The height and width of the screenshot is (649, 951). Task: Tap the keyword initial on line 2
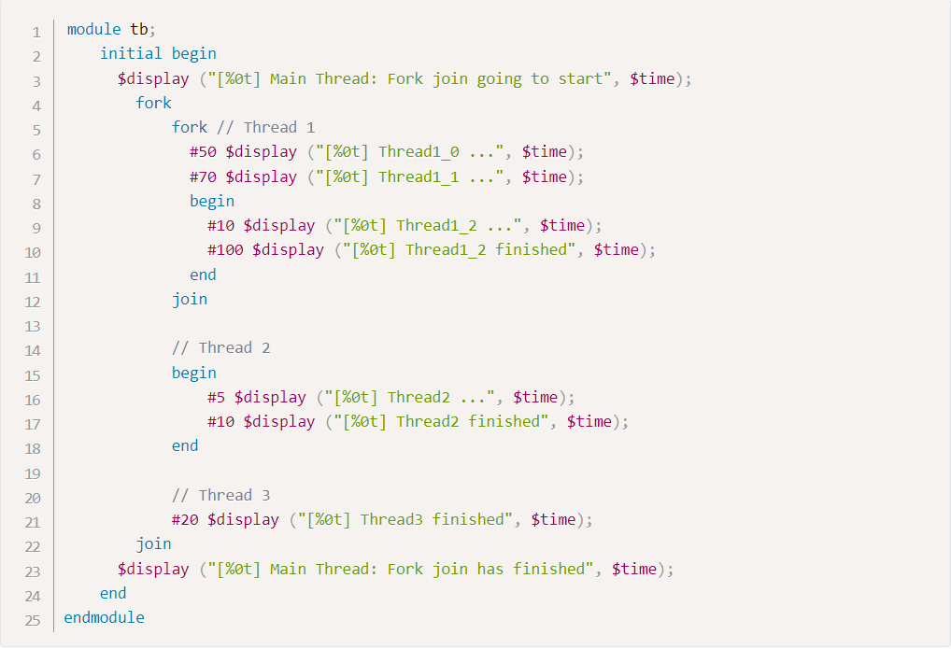click(x=131, y=54)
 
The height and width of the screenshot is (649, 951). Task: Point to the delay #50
click(x=203, y=152)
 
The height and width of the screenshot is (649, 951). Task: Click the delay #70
click(x=203, y=176)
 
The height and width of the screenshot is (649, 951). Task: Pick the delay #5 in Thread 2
click(x=217, y=397)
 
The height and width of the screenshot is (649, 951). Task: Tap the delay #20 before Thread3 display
click(x=185, y=519)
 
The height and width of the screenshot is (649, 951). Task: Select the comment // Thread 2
click(x=220, y=348)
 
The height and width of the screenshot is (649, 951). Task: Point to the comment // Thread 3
click(x=220, y=495)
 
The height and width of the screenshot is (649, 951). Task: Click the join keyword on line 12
click(x=190, y=299)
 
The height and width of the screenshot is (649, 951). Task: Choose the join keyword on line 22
click(x=154, y=543)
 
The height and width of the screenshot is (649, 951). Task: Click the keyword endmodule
click(x=104, y=617)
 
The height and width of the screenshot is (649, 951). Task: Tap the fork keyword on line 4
click(x=154, y=103)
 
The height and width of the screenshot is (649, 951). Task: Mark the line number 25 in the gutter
click(x=33, y=619)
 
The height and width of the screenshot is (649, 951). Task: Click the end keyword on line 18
click(x=185, y=445)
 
